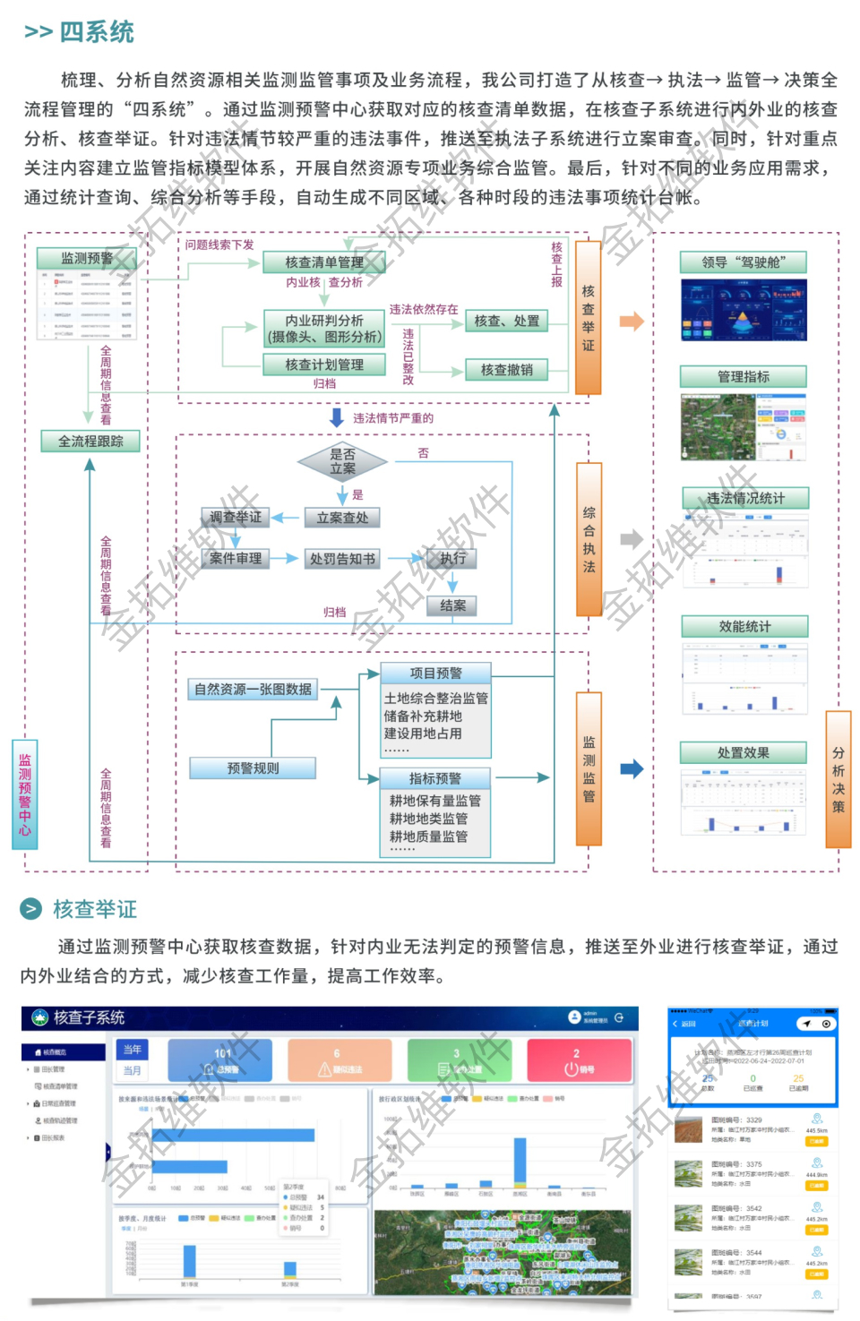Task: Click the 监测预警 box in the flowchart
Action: coord(87,258)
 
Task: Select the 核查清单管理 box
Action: coord(324,262)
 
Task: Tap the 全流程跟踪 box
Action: coord(90,441)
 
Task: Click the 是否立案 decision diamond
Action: coord(342,461)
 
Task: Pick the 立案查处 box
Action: coord(342,518)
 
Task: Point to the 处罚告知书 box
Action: coord(342,559)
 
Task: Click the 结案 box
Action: coord(452,605)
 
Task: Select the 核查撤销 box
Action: coord(507,369)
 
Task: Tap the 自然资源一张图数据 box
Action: coord(254,689)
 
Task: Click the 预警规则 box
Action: coord(253,768)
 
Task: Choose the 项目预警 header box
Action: coord(436,673)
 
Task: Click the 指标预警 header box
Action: coord(435,778)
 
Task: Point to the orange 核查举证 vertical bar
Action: coord(588,318)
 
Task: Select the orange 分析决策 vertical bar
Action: coord(838,779)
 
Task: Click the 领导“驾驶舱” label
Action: coord(744,262)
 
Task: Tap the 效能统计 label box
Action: coord(744,626)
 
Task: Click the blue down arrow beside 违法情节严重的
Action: coord(337,417)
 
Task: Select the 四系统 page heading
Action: coord(97,32)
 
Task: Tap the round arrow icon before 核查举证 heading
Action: coord(31,909)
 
